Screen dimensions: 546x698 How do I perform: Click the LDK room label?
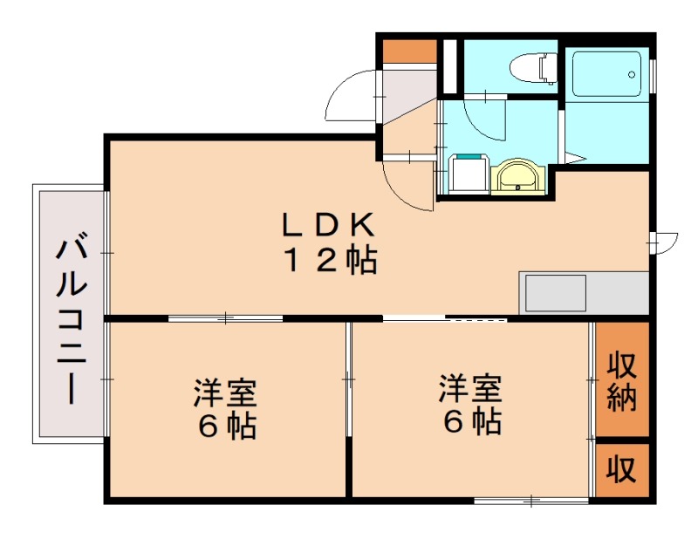[x=327, y=226]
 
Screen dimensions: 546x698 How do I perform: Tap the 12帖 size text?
[x=327, y=261]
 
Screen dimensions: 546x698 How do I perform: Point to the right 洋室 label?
[x=470, y=387]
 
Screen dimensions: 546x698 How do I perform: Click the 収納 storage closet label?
[x=622, y=380]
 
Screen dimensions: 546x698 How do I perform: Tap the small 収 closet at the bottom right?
[x=622, y=471]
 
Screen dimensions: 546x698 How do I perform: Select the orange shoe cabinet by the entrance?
[x=409, y=50]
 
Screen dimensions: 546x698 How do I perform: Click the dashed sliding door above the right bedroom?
[x=476, y=320]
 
